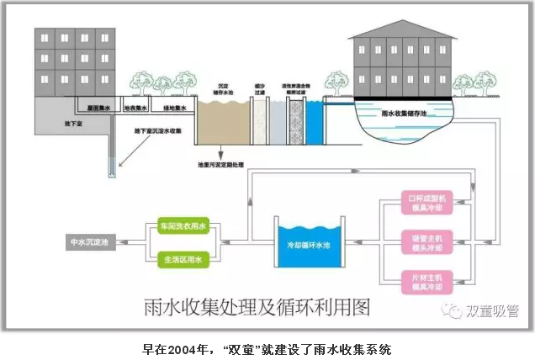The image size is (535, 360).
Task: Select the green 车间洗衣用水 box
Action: point(182,228)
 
